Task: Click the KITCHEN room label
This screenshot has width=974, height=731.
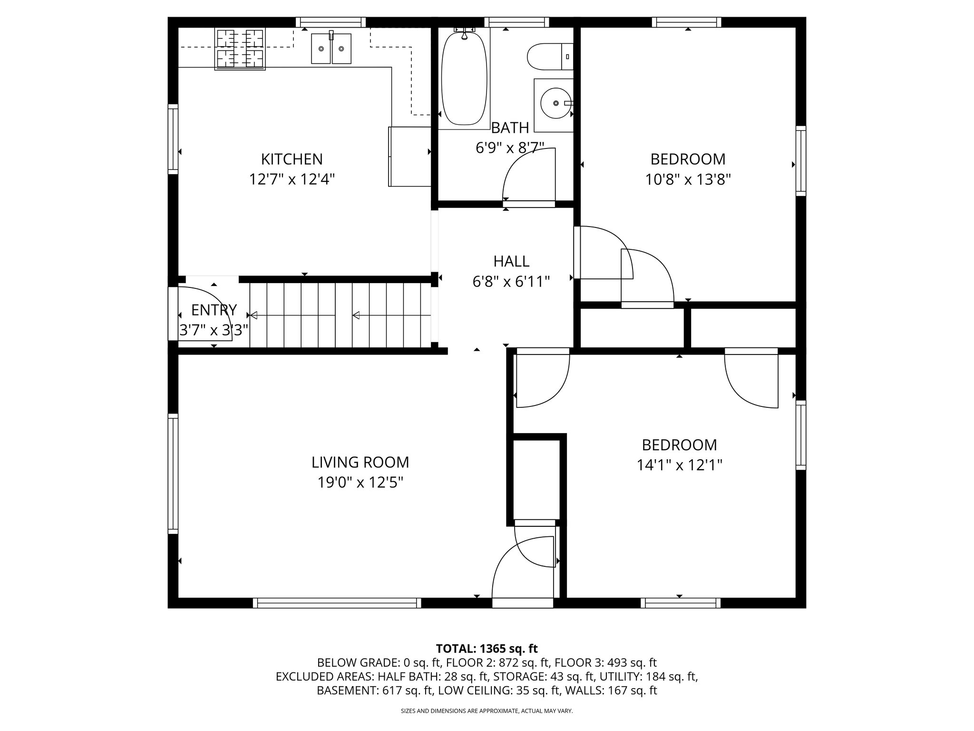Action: (292, 159)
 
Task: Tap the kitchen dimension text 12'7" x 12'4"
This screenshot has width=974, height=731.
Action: (292, 179)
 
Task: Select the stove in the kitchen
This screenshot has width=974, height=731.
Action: (240, 49)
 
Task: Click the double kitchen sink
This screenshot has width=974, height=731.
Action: (331, 48)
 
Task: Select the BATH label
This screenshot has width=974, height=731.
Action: (510, 128)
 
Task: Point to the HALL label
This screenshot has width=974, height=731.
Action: (511, 261)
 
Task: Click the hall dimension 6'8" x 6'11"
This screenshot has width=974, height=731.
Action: (511, 282)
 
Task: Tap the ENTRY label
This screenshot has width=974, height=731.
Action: (214, 310)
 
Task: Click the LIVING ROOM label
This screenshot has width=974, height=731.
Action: (360, 462)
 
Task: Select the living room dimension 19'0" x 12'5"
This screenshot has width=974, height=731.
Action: (360, 483)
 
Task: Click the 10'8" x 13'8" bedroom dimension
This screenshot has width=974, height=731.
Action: (688, 179)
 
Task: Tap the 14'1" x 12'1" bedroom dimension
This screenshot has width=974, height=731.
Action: (679, 465)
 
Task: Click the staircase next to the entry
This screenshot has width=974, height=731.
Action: (340, 315)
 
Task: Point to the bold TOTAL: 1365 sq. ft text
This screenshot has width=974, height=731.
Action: (487, 648)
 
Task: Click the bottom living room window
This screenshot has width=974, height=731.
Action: (337, 603)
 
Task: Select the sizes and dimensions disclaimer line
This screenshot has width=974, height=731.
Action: (487, 711)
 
